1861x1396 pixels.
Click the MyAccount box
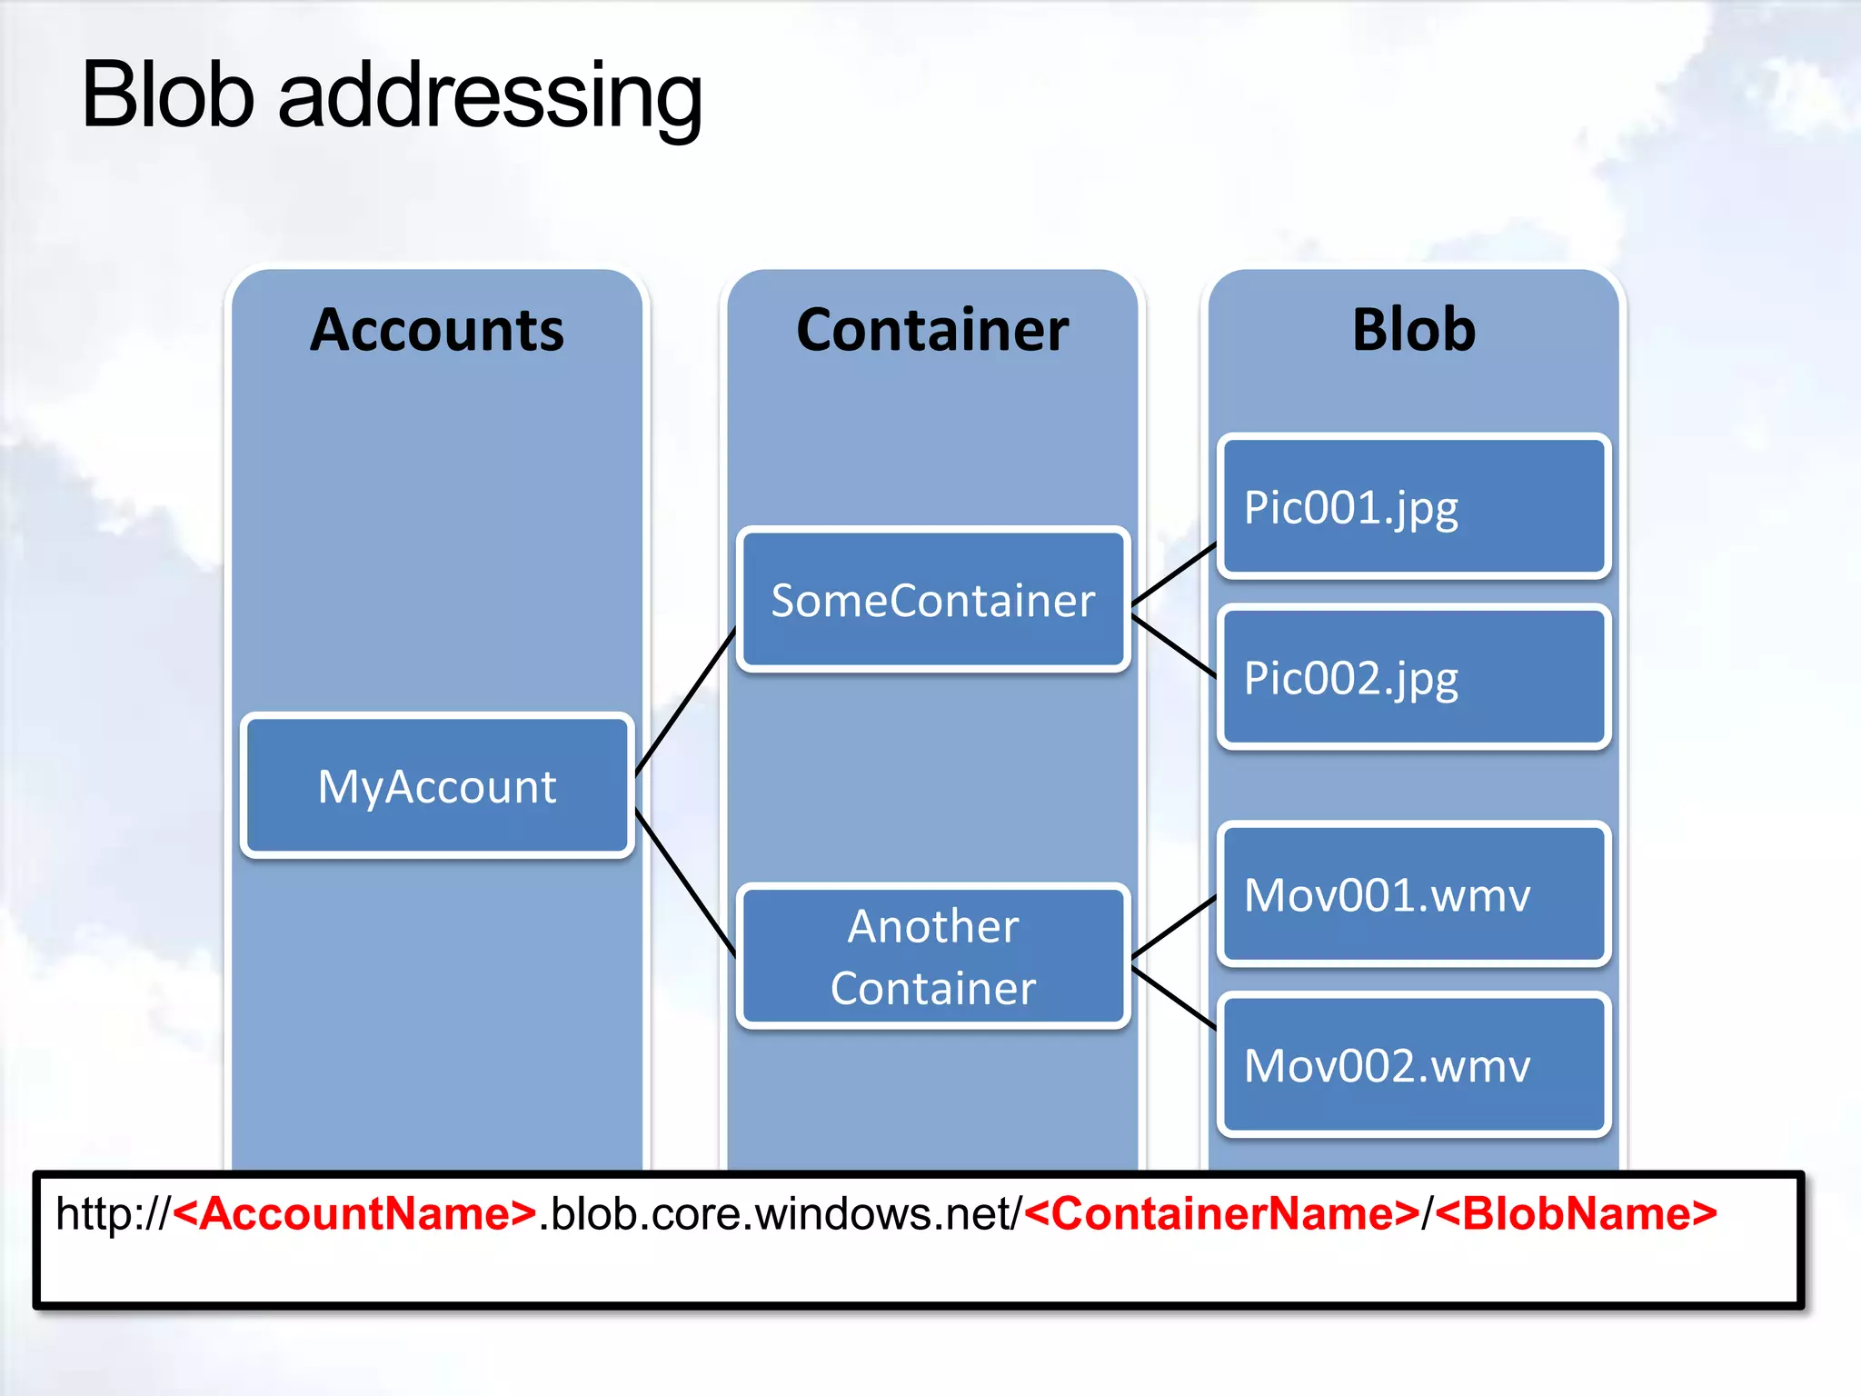point(437,786)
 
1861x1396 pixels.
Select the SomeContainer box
point(933,601)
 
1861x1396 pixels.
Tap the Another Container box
point(933,956)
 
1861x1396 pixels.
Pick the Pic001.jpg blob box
point(1414,507)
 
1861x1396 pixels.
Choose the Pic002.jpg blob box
point(1414,678)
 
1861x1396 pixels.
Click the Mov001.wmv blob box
point(1414,894)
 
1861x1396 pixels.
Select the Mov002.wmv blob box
point(1414,1065)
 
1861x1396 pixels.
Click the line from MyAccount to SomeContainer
point(685,701)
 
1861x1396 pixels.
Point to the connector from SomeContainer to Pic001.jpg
point(1174,574)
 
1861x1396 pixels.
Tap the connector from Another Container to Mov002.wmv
point(1174,998)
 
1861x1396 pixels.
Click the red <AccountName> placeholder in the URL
point(354,1214)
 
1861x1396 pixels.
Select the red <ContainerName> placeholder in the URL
point(1221,1214)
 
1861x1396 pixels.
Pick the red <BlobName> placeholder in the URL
point(1577,1214)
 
